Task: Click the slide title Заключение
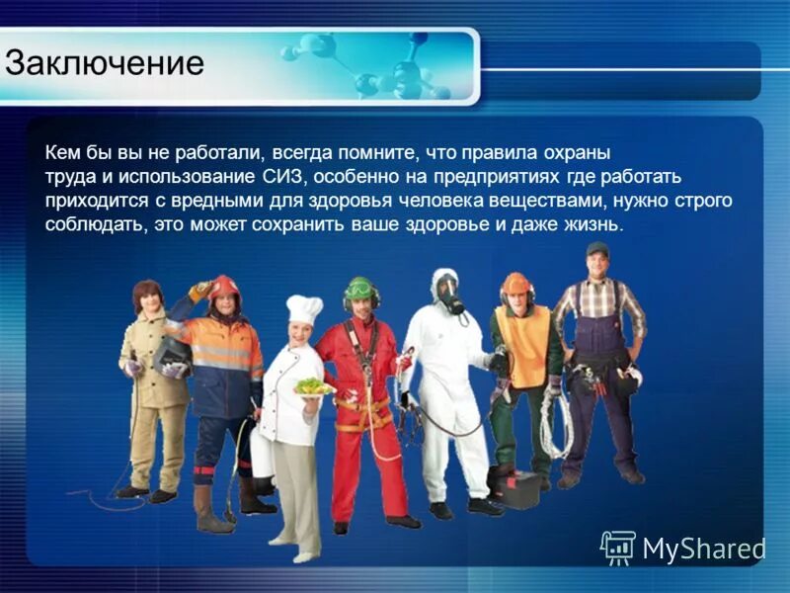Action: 105,62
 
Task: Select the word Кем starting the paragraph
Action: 61,153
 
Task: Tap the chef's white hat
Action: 304,309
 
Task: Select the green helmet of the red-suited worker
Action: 361,288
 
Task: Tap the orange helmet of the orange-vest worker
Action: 515,284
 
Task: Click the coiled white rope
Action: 556,425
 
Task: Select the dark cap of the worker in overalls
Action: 597,249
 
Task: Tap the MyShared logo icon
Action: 617,547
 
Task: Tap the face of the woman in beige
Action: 149,300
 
